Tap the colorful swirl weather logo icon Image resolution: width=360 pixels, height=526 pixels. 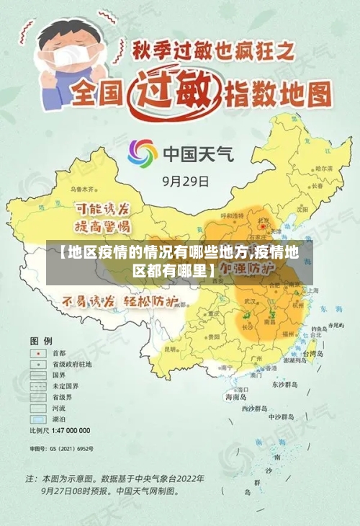click(143, 153)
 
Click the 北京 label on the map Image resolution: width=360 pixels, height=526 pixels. click(264, 220)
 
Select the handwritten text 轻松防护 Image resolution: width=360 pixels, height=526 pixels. click(150, 302)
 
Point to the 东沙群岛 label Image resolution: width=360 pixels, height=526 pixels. click(284, 384)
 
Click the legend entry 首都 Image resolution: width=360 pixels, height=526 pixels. click(58, 353)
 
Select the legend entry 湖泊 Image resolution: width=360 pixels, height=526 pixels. click(58, 419)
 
